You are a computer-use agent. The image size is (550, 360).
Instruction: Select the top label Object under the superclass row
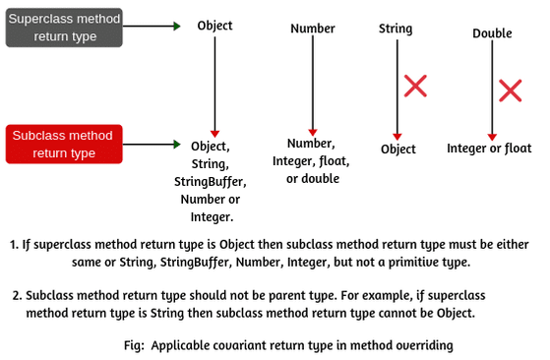[214, 26]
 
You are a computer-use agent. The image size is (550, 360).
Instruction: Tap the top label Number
[313, 29]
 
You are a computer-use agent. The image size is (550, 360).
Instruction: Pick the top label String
[396, 29]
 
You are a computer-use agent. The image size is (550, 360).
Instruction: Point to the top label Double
[492, 33]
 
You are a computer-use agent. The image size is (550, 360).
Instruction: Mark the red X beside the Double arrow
[510, 91]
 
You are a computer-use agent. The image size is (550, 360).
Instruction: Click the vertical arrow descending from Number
[313, 84]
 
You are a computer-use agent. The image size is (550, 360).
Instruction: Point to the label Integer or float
[489, 149]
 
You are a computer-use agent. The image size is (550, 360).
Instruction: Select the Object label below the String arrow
[397, 150]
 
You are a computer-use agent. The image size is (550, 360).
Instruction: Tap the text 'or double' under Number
[313, 179]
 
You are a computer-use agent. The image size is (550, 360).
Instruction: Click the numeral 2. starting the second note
[19, 294]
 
